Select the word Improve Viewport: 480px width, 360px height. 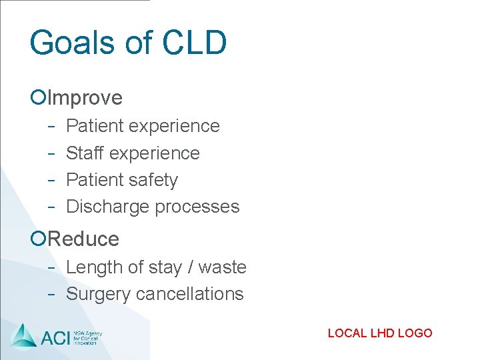pyautogui.click(x=85, y=98)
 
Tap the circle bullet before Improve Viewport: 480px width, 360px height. pyautogui.click(x=38, y=98)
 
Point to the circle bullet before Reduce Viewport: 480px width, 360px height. pyautogui.click(x=38, y=239)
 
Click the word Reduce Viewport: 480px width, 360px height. pyautogui.click(x=84, y=239)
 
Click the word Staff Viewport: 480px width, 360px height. pyautogui.click(x=85, y=153)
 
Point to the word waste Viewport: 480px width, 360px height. pyautogui.click(x=223, y=267)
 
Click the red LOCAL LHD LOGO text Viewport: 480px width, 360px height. pyautogui.click(x=380, y=333)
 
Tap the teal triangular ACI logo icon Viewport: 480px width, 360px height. pyautogui.click(x=24, y=335)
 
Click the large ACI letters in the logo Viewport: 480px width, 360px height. pyautogui.click(x=55, y=337)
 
